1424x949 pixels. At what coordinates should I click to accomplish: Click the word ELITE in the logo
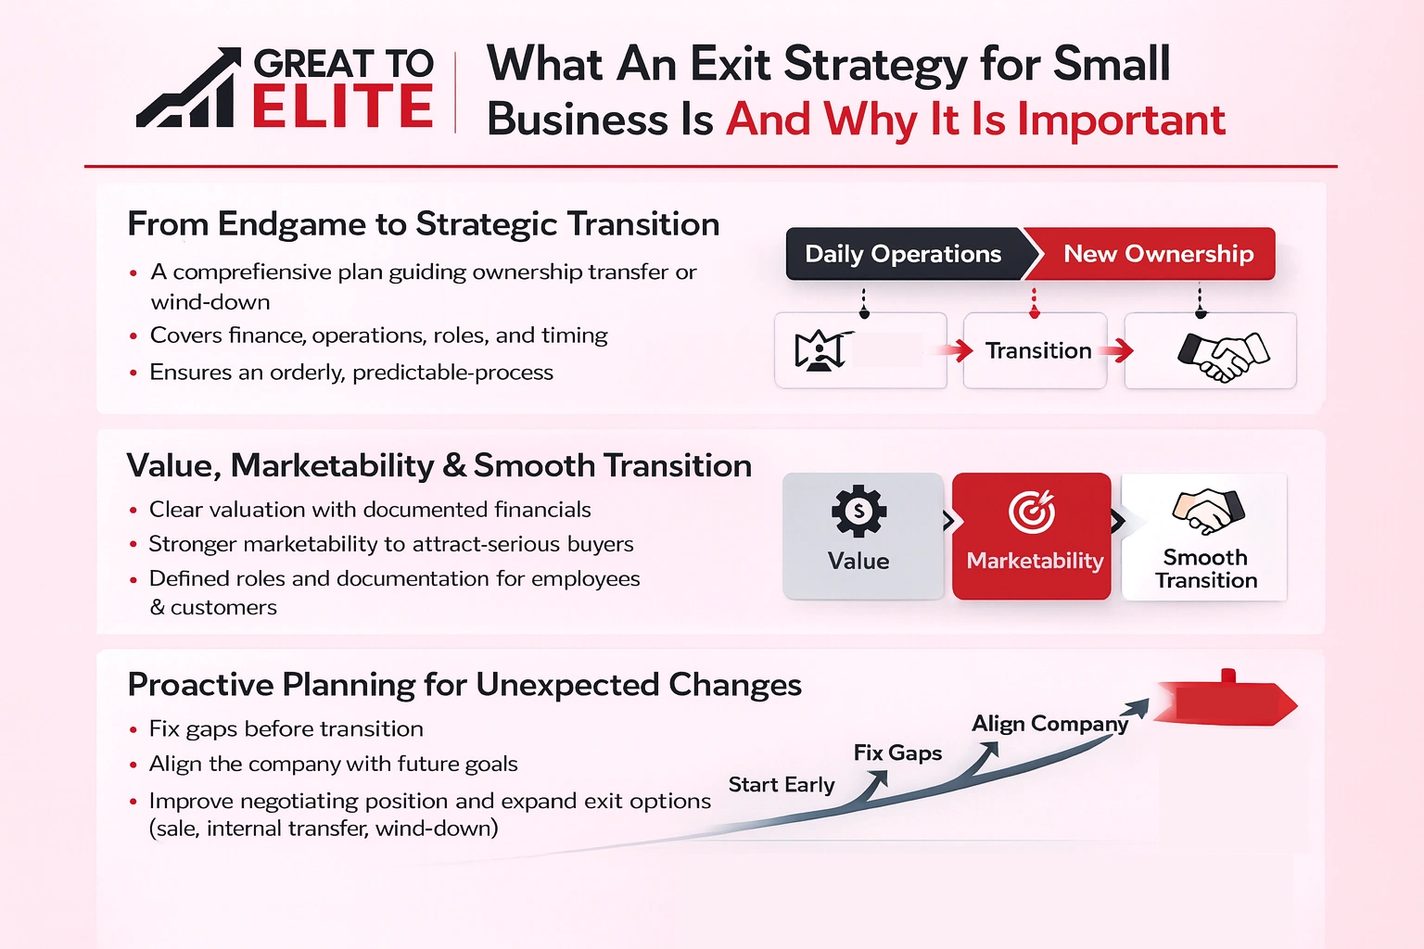coord(342,106)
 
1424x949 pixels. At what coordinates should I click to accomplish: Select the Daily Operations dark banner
coord(903,254)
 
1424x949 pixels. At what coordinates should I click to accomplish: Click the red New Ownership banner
coord(1157,254)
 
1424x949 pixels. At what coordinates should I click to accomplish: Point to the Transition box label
coord(1037,350)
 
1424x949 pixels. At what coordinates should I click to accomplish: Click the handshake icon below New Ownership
coord(1222,355)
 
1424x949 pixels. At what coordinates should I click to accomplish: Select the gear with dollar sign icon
coord(858,511)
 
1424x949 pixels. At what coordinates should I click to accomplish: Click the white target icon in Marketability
coord(1032,512)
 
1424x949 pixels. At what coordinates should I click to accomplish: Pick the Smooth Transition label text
coord(1205,569)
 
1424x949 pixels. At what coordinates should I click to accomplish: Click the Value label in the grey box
coord(858,562)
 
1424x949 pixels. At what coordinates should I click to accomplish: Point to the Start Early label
coord(781,785)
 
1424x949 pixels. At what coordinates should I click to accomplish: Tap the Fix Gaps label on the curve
coord(896,753)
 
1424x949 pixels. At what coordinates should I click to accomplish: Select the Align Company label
coord(1049,724)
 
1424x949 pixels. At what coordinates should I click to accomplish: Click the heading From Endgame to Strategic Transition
coord(423,224)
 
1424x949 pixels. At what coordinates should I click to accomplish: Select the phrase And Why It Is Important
coord(974,120)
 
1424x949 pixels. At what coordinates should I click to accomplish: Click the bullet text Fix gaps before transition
coord(286,729)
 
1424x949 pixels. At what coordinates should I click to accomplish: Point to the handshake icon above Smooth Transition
coord(1207,511)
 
